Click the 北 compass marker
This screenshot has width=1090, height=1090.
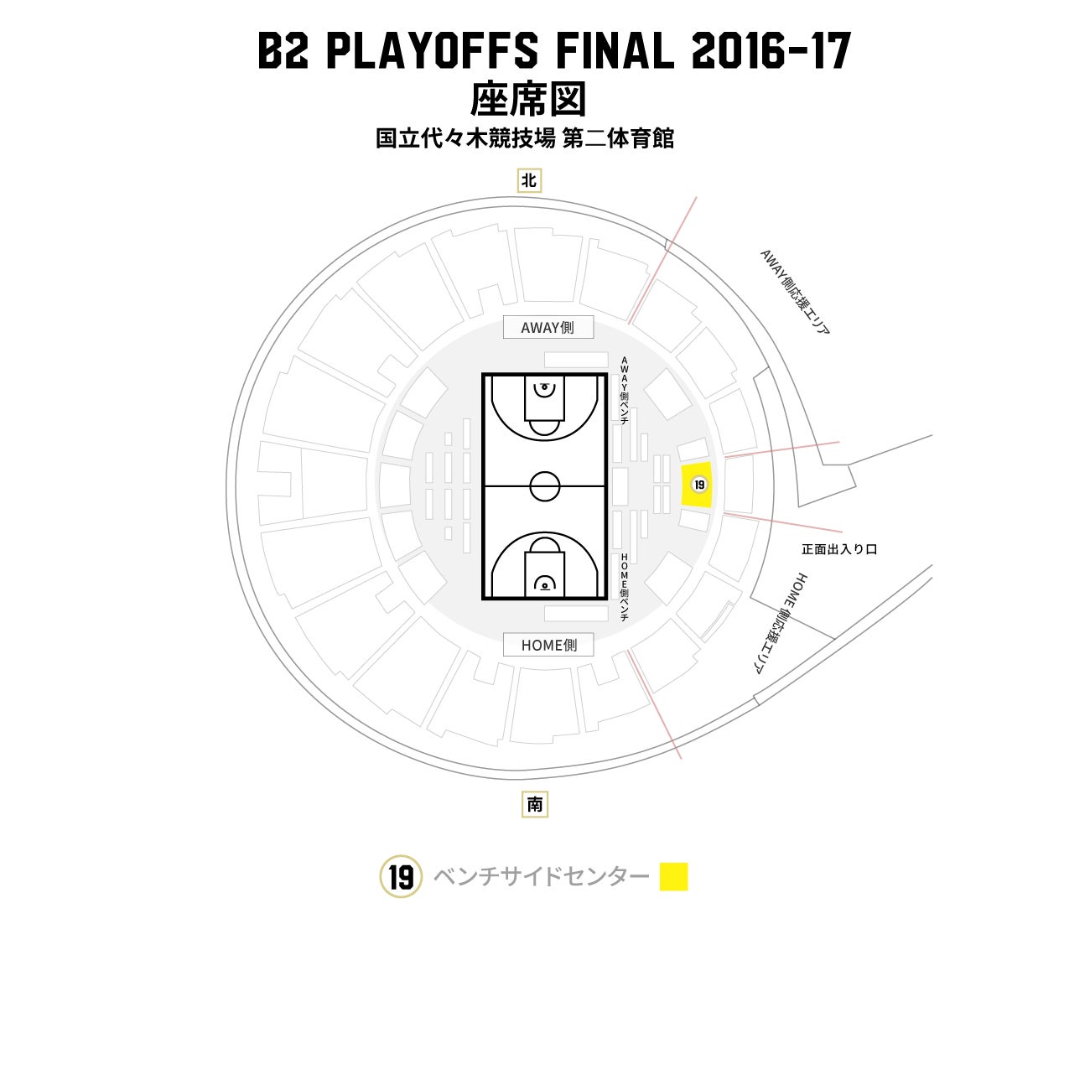coord(529,180)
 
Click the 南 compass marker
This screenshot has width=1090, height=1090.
coord(535,805)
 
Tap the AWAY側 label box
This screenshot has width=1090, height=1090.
coord(548,328)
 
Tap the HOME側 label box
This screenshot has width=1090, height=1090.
coord(548,645)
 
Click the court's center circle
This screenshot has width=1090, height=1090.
coord(545,485)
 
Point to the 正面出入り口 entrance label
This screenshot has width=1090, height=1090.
coord(838,549)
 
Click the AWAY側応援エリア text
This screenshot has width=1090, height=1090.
coord(794,292)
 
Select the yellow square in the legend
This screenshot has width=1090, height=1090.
coord(673,877)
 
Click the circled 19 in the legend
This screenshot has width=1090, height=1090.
coord(401,877)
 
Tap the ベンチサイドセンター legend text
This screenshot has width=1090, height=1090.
coord(541,877)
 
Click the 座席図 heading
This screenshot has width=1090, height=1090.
coord(527,100)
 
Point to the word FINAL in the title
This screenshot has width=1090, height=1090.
coord(615,51)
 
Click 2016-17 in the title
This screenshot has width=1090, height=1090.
coord(771,51)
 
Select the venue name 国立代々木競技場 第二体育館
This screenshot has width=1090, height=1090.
coord(525,138)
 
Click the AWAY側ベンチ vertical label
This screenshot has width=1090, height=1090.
coord(624,390)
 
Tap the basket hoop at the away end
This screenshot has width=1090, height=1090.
coord(545,388)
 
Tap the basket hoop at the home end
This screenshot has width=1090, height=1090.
coord(545,583)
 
